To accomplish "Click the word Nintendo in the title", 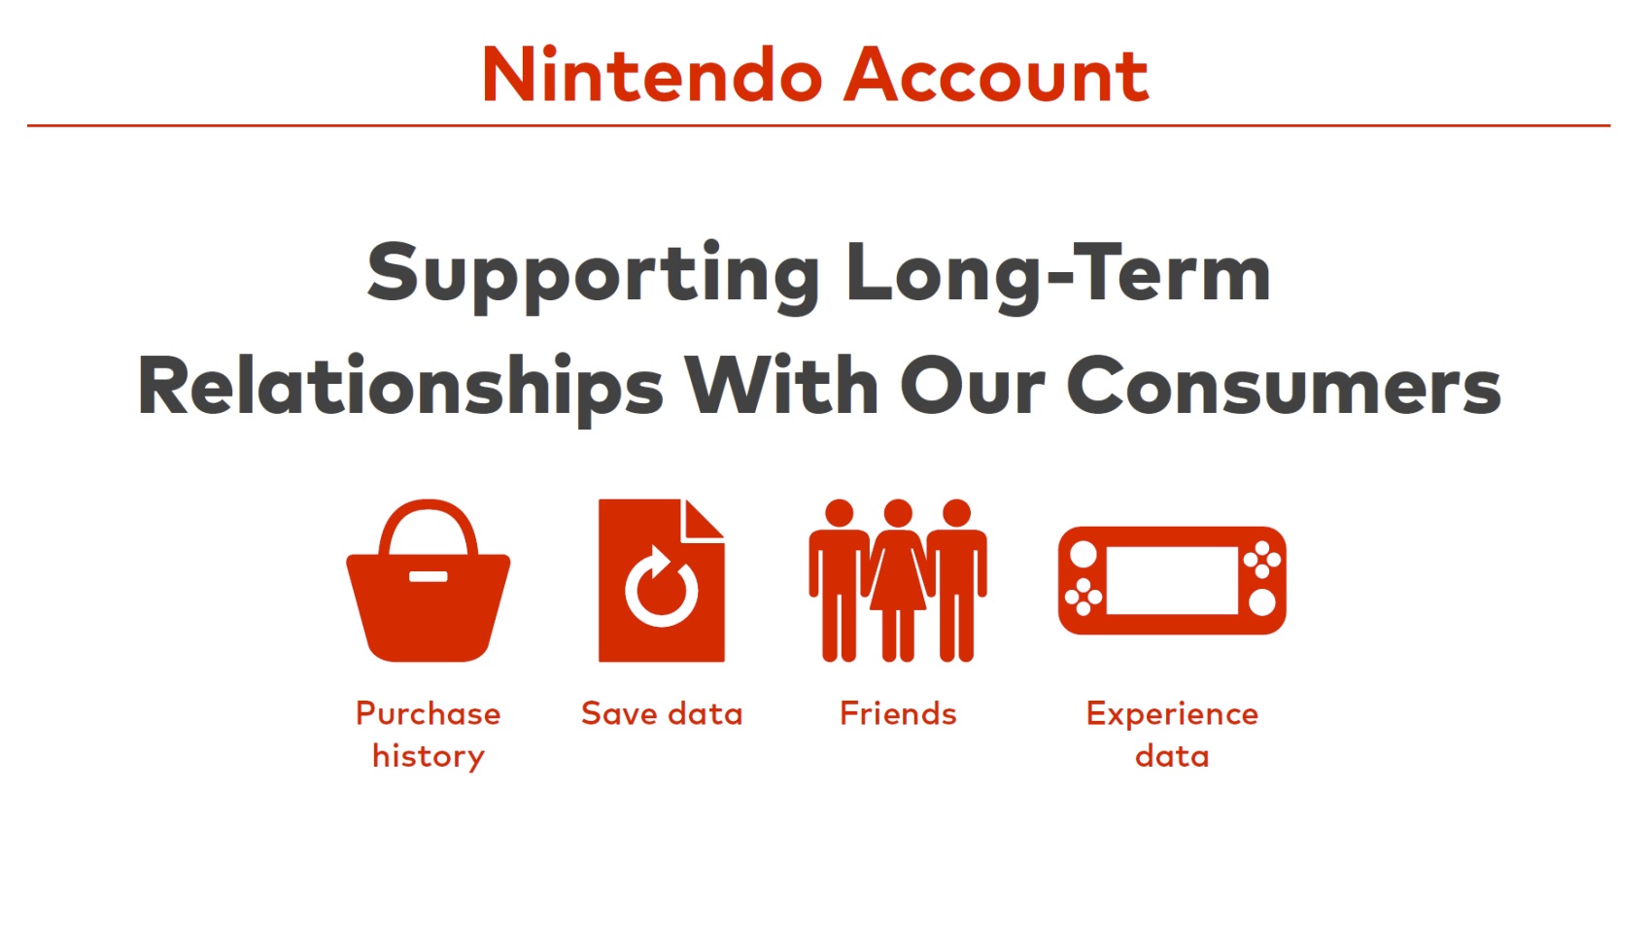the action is tap(652, 75).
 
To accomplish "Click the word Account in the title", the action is tap(997, 75).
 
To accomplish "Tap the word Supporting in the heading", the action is tap(594, 276).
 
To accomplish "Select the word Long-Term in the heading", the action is tap(1058, 273).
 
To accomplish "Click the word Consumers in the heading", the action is tap(1284, 386).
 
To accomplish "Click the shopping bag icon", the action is tap(428, 580).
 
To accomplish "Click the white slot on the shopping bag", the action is tap(428, 576).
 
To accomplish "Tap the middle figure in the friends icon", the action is tap(898, 580).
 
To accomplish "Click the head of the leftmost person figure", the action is tap(839, 512).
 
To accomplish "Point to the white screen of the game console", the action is tap(1172, 580).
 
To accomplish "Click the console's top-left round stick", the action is tap(1083, 555).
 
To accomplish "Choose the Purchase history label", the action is tap(428, 736).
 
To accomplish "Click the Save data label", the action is tap(662, 714).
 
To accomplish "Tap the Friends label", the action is tap(898, 714).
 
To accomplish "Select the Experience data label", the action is tap(1172, 736).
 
